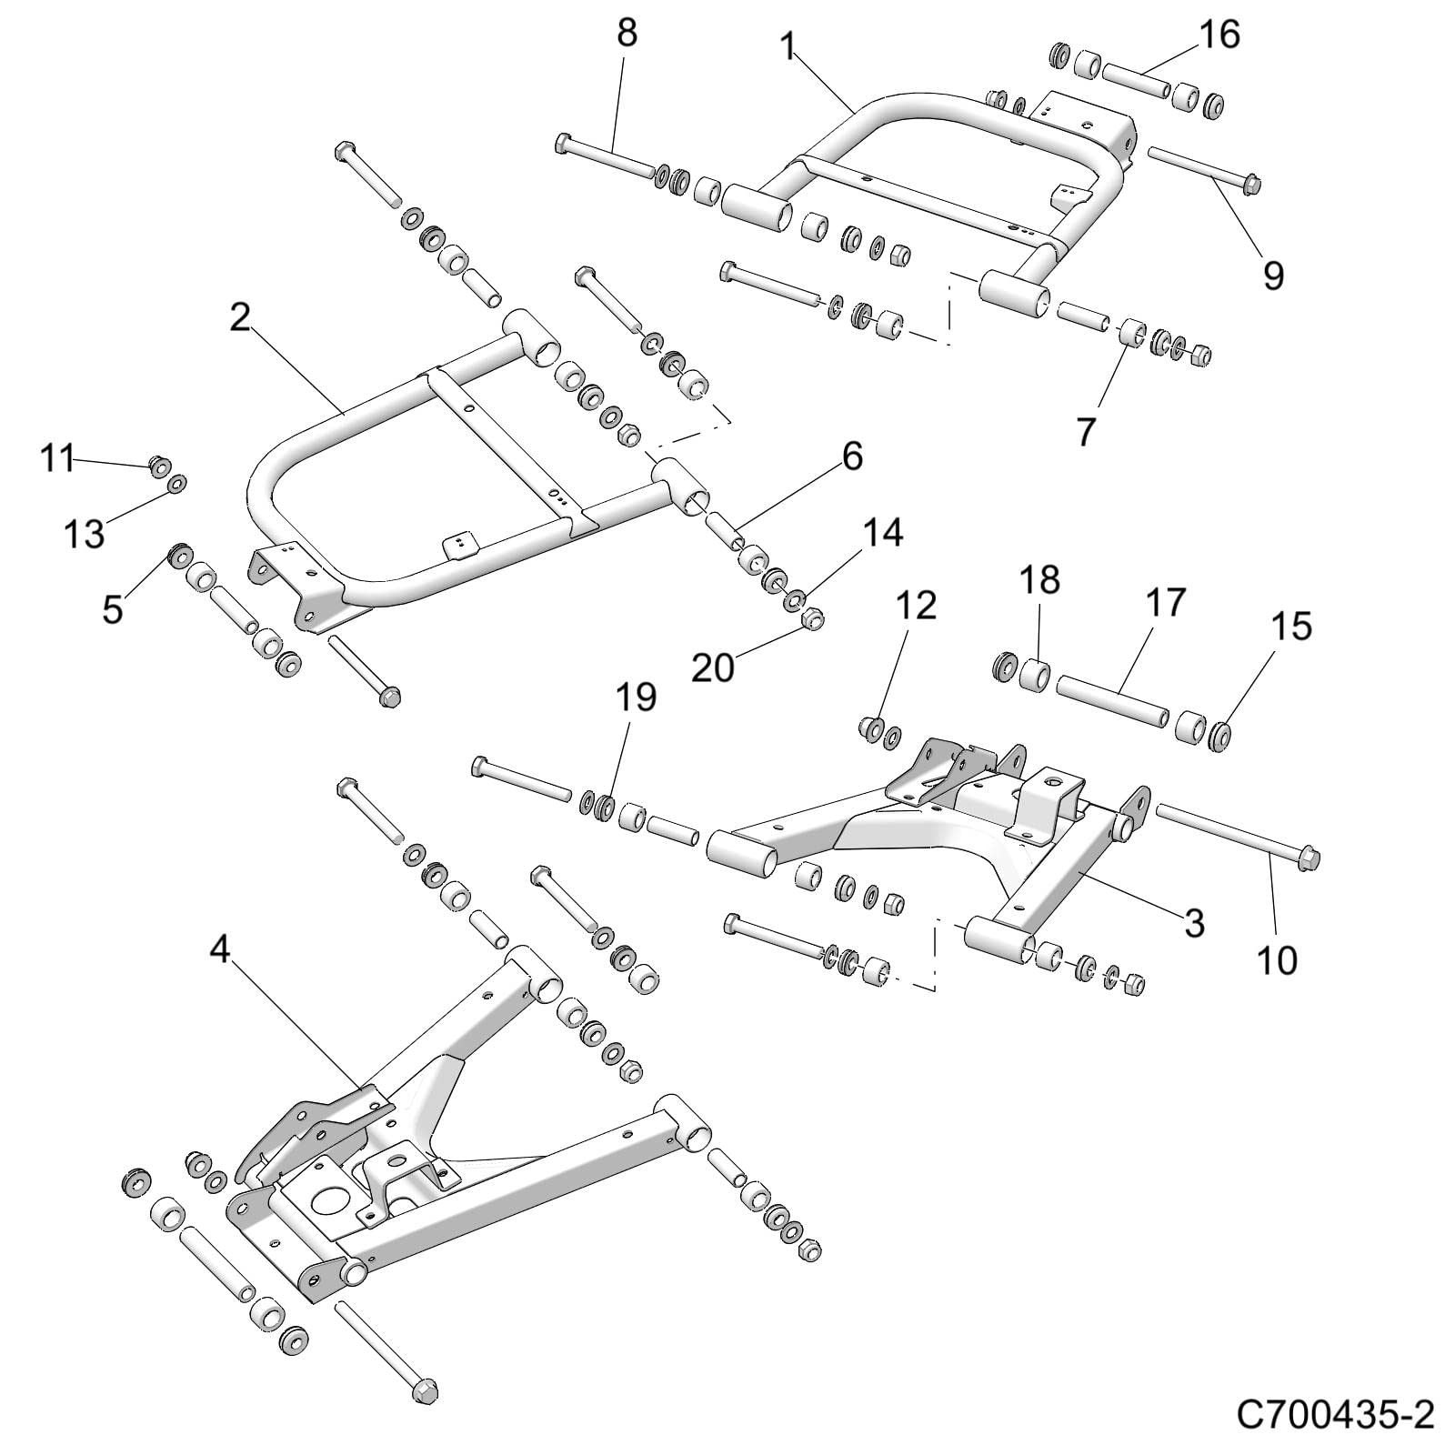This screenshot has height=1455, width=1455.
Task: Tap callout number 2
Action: (240, 317)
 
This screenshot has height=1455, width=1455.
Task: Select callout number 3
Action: (1193, 922)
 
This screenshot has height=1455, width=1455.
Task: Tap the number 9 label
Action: (1273, 274)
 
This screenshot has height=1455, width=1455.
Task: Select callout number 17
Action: (1166, 602)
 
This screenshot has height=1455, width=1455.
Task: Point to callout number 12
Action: (916, 605)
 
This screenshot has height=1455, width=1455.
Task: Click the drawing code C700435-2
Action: (1334, 1415)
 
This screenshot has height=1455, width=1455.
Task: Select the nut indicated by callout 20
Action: (812, 618)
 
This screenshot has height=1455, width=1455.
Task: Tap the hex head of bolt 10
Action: (1307, 857)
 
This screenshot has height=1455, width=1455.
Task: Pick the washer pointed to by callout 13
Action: (176, 482)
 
